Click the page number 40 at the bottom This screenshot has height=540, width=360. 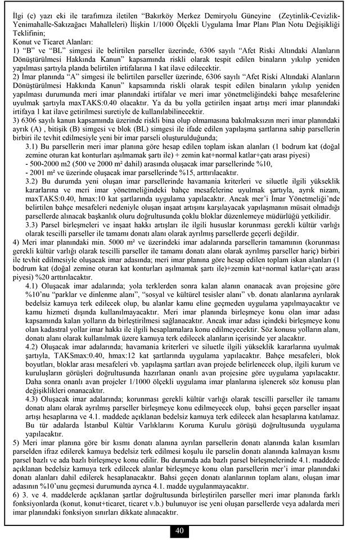[x=179, y=530]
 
